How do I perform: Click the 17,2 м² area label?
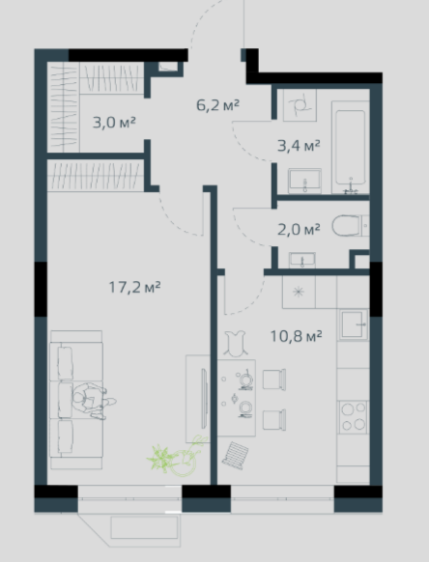pyautogui.click(x=134, y=287)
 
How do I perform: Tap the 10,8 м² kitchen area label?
pyautogui.click(x=296, y=336)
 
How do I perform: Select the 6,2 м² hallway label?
pyautogui.click(x=217, y=105)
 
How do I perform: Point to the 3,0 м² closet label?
pyautogui.click(x=114, y=123)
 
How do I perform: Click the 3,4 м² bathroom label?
pyautogui.click(x=299, y=146)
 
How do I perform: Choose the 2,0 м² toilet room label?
pyautogui.click(x=299, y=230)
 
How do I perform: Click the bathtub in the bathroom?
pyautogui.click(x=351, y=148)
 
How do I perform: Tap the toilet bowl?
pyautogui.click(x=347, y=226)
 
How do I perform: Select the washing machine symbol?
pyautogui.click(x=300, y=104)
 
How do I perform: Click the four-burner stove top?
pyautogui.click(x=354, y=417)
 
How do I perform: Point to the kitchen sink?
pyautogui.click(x=354, y=324)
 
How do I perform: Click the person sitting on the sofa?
pyautogui.click(x=94, y=401)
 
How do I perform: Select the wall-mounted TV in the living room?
pyautogui.click(x=204, y=399)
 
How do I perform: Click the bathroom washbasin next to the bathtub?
pyautogui.click(x=305, y=181)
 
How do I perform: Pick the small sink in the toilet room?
pyautogui.click(x=302, y=260)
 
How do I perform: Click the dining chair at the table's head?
pyautogui.click(x=236, y=344)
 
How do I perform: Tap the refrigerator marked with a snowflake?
pyautogui.click(x=299, y=292)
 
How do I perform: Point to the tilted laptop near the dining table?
pyautogui.click(x=235, y=455)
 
